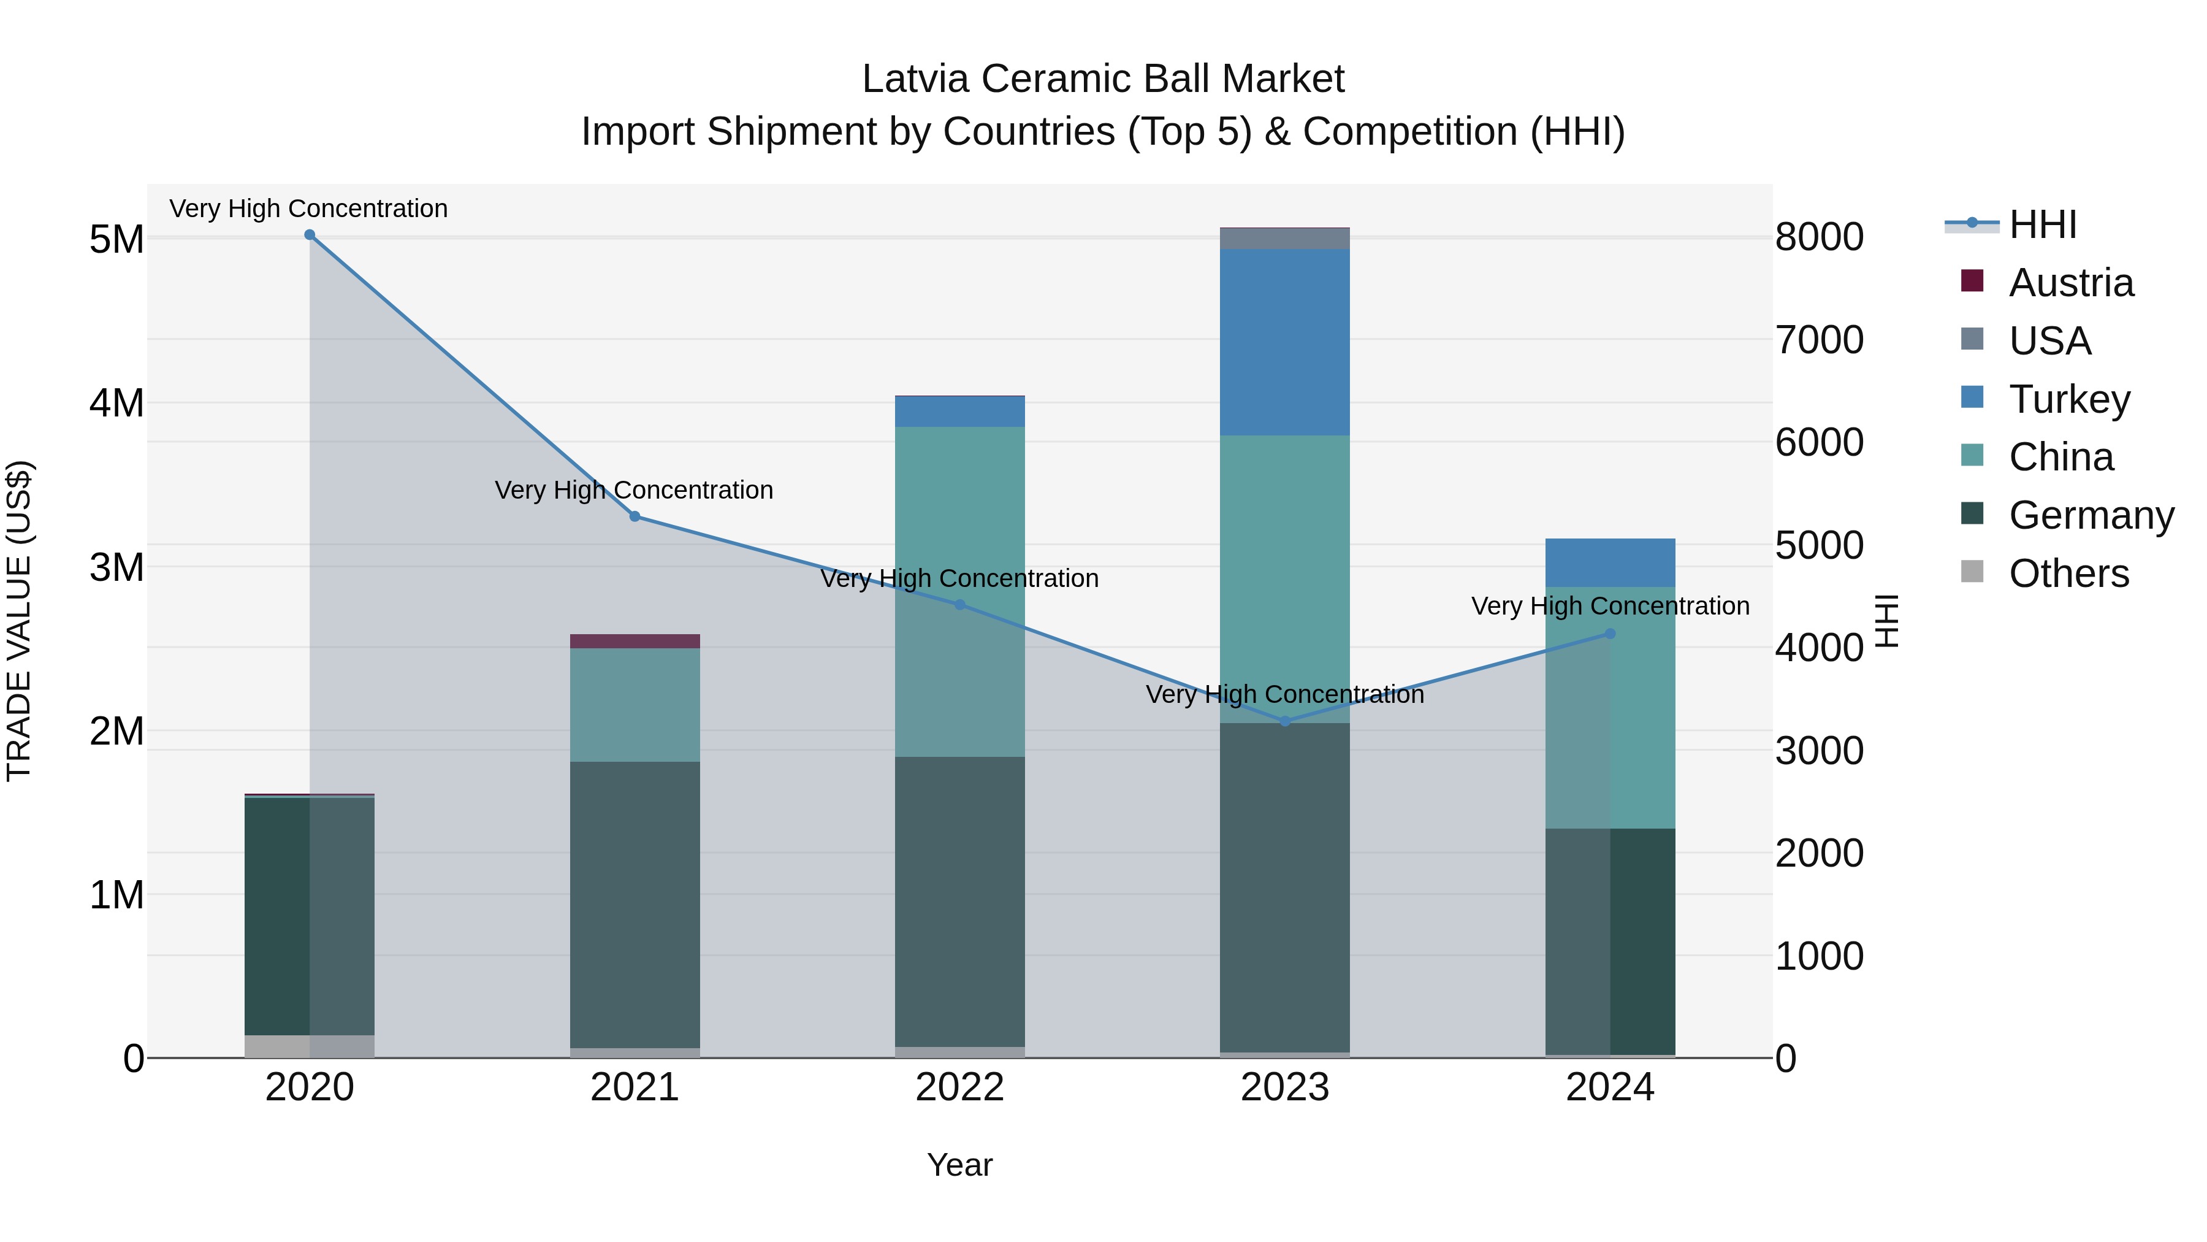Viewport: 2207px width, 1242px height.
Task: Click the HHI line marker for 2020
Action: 310,235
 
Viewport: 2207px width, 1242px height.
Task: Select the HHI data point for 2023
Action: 1284,722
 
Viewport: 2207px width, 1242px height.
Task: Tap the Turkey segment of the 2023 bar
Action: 1284,342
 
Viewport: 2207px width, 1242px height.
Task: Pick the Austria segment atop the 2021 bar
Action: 635,641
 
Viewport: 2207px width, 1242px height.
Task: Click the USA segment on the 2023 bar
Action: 1284,239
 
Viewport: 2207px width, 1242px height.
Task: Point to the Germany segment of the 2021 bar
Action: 635,904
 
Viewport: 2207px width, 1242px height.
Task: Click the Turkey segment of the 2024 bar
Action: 1610,562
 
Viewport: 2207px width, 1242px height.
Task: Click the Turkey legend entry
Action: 2068,399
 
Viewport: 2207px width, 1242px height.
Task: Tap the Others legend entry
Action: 2068,573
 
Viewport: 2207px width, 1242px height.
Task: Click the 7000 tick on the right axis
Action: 1819,339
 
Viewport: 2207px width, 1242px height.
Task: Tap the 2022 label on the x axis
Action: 959,1087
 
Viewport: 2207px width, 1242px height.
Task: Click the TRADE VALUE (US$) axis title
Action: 19,621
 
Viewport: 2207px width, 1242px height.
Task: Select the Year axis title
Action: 959,1165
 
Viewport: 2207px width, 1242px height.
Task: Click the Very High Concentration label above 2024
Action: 1610,606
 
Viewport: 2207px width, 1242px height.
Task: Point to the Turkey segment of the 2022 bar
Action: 959,412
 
